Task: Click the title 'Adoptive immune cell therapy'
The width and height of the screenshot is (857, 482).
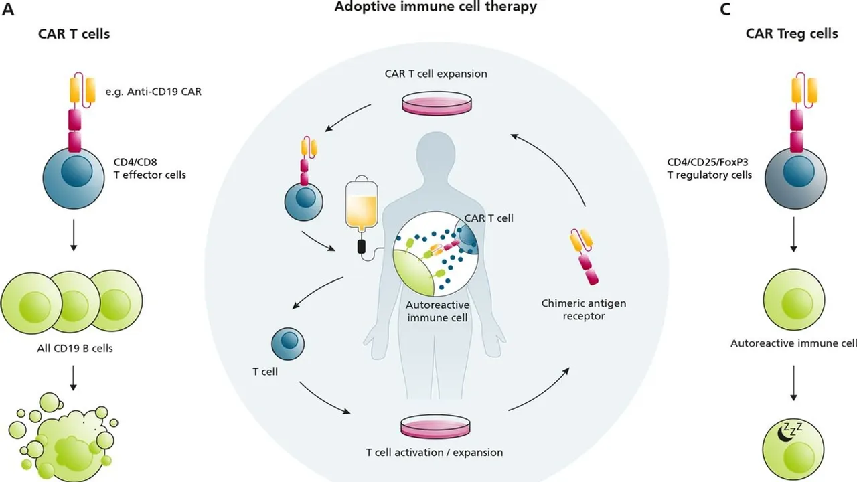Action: coord(435,7)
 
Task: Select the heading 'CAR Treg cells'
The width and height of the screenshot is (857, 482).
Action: coord(791,33)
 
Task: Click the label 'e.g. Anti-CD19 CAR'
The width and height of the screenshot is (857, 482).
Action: coord(153,92)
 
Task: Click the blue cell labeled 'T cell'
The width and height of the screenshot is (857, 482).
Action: coord(288,342)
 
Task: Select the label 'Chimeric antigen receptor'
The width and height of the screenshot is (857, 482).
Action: coord(584,309)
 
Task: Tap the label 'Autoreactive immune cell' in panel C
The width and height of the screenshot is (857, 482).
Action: coord(793,343)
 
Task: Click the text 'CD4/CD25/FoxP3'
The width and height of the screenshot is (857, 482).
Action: coord(708,161)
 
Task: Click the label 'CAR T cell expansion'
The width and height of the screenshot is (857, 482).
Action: coord(435,73)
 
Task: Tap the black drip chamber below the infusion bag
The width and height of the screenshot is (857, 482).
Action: coord(362,246)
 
